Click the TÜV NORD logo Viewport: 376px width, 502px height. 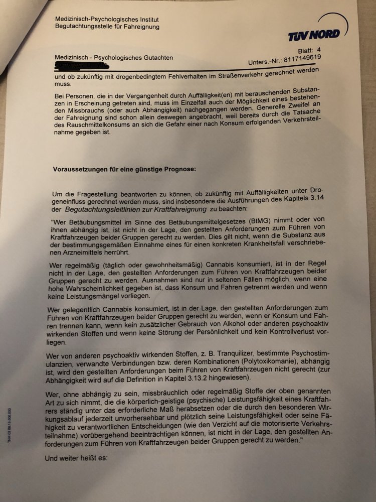[x=313, y=35]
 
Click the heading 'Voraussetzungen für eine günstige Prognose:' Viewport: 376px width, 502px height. [x=124, y=170]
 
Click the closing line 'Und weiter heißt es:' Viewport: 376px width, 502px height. [x=76, y=458]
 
